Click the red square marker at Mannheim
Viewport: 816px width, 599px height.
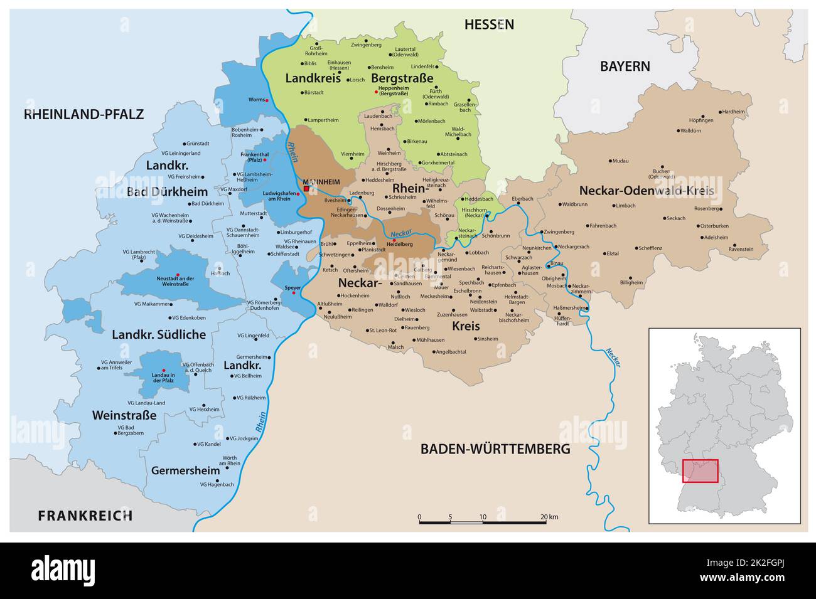306,188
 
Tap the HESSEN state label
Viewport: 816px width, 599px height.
489,24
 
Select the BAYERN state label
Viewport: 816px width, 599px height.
625,66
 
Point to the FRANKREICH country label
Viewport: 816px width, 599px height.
85,516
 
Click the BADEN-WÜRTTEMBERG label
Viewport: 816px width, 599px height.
495,449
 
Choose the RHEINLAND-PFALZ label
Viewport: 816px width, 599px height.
83,114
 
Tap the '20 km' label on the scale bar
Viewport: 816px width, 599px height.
550,517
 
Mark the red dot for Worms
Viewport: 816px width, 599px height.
267,100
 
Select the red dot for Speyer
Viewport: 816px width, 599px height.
294,293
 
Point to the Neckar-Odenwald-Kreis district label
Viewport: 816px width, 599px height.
647,189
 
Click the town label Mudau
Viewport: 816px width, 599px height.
620,161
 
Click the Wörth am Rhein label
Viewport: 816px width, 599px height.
229,461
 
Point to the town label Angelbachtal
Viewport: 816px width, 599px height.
451,352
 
